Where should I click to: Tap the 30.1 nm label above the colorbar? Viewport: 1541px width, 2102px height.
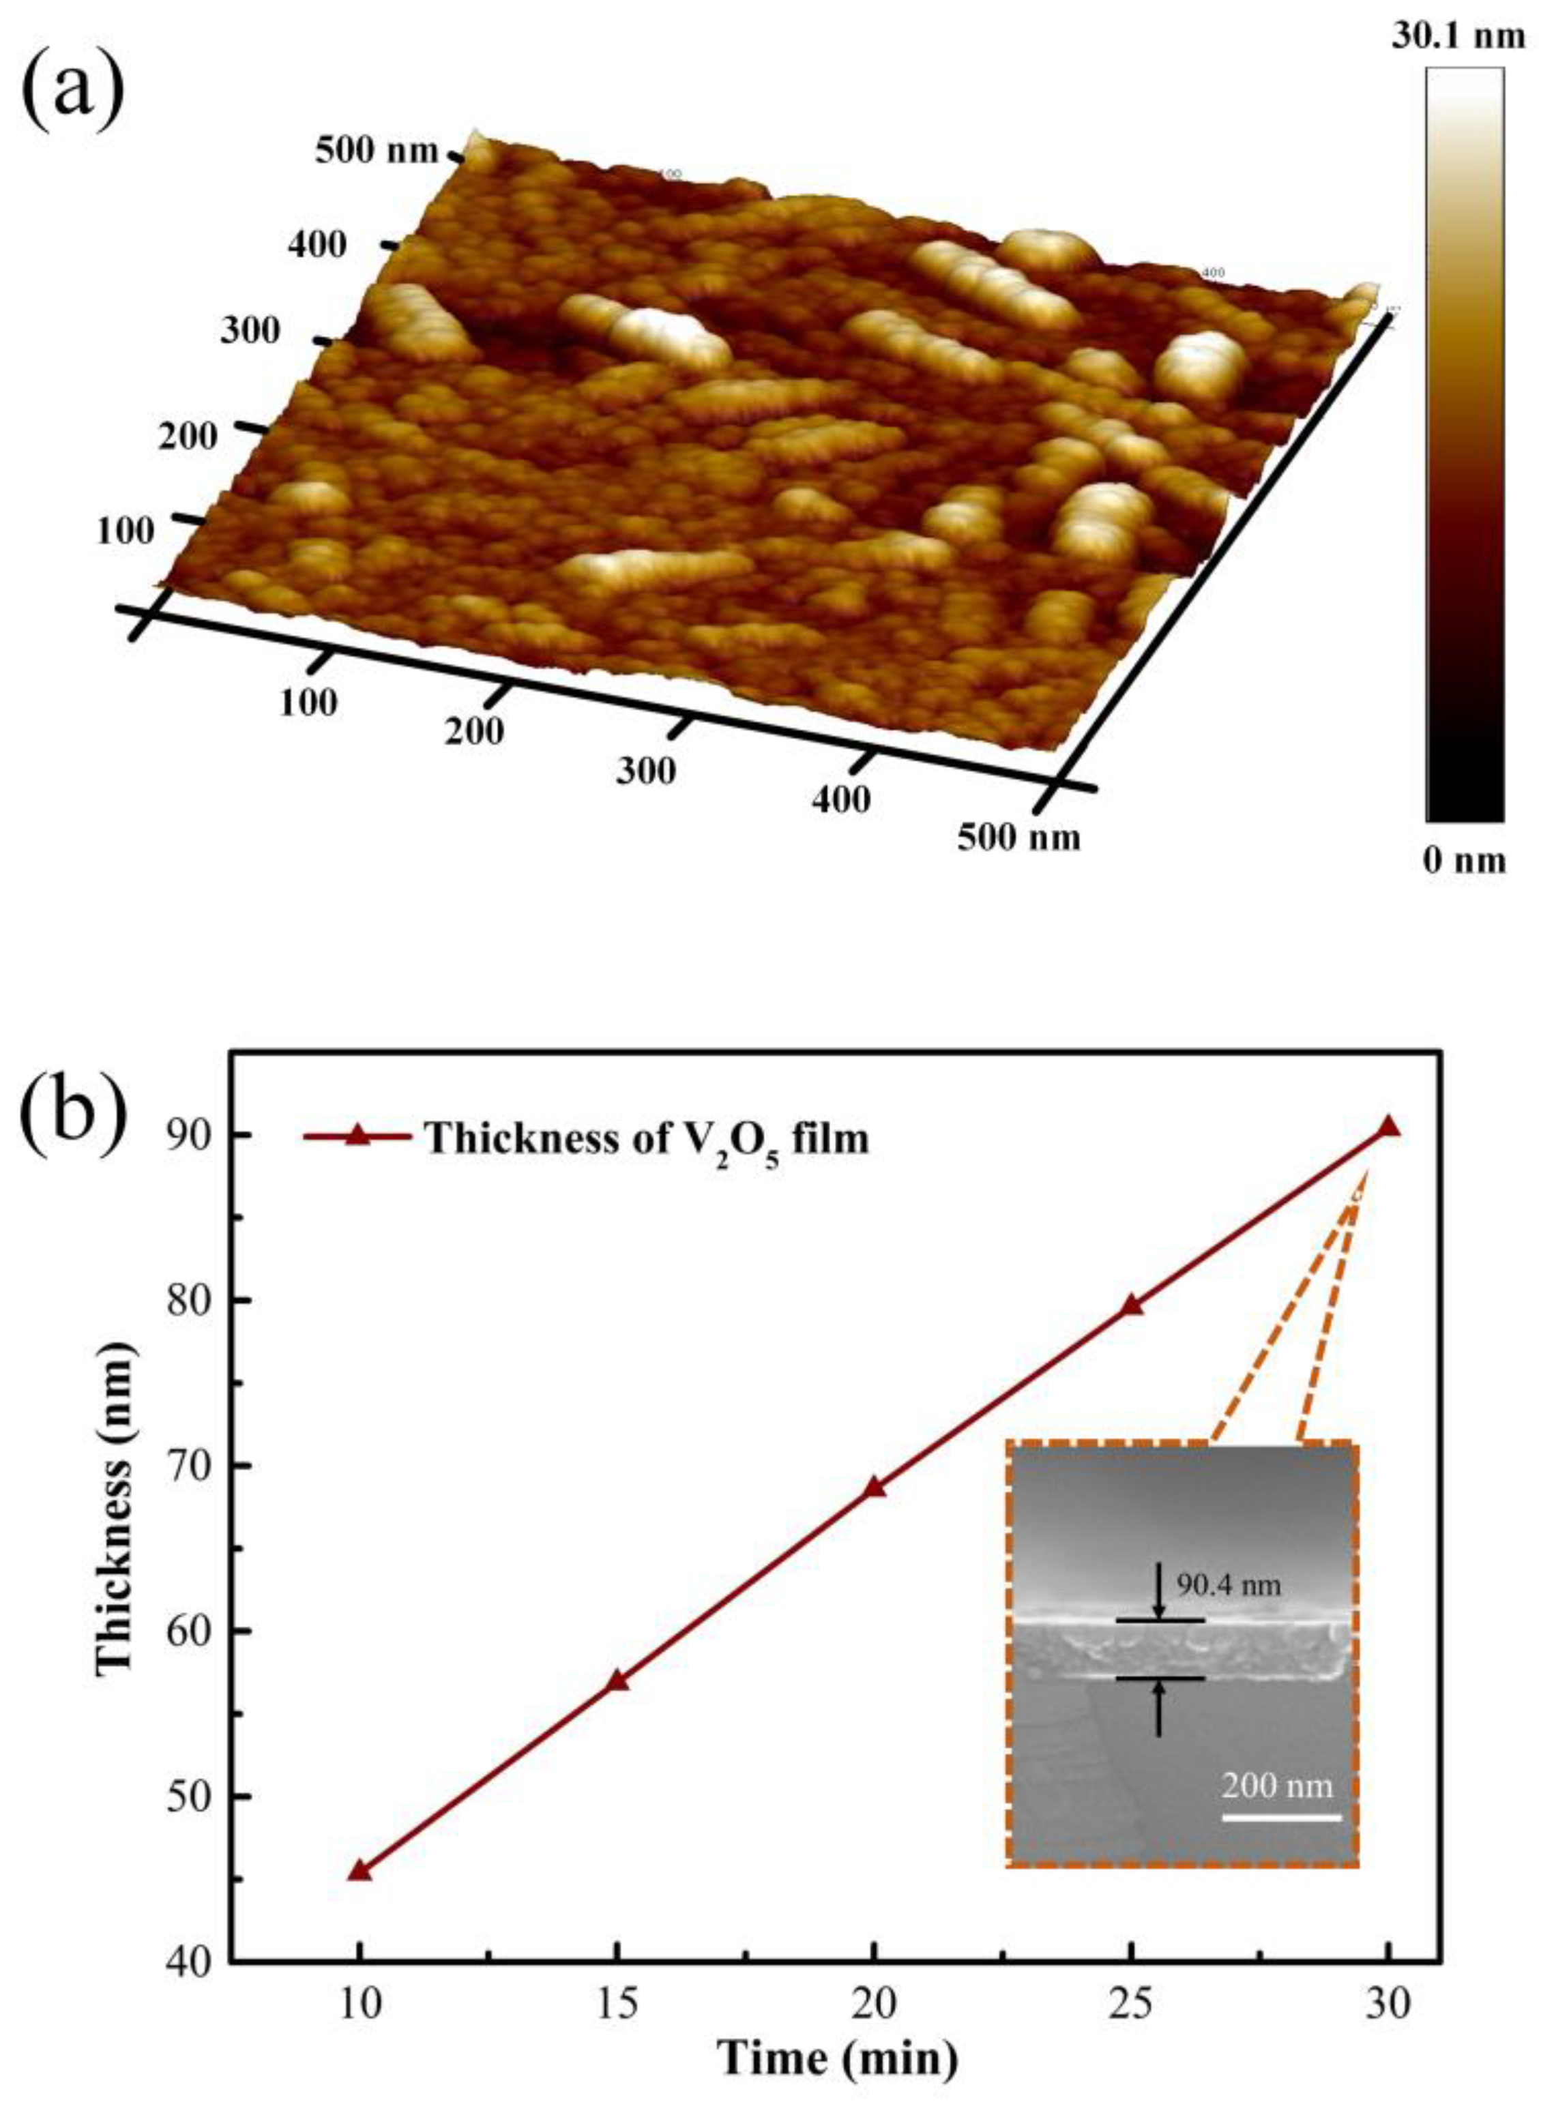(1465, 39)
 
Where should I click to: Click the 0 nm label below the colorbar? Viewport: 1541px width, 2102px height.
(1465, 859)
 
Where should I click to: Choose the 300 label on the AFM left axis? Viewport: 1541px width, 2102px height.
(249, 331)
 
